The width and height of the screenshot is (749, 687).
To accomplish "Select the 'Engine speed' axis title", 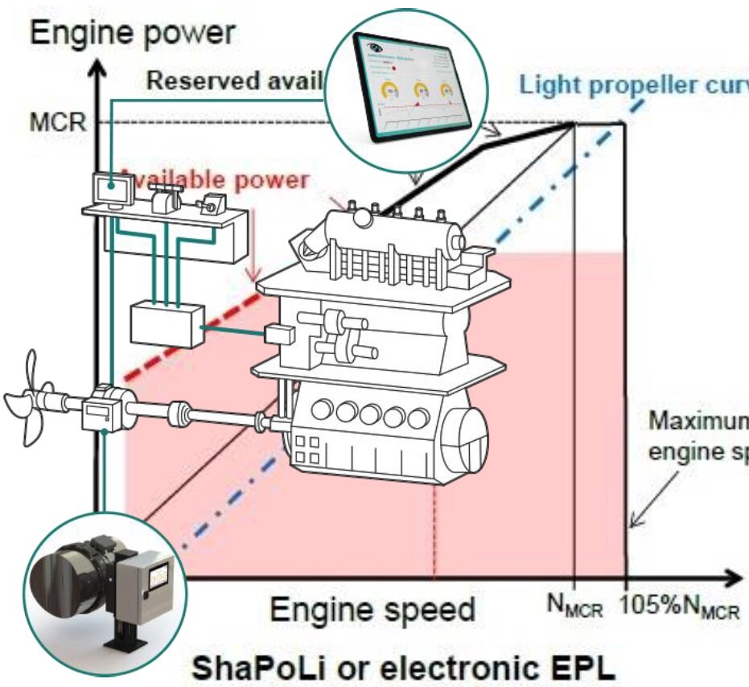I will pyautogui.click(x=372, y=609).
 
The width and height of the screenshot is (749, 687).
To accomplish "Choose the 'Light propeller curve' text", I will pyautogui.click(x=632, y=84).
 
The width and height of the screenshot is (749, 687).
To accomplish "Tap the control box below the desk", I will pyautogui.click(x=167, y=324).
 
